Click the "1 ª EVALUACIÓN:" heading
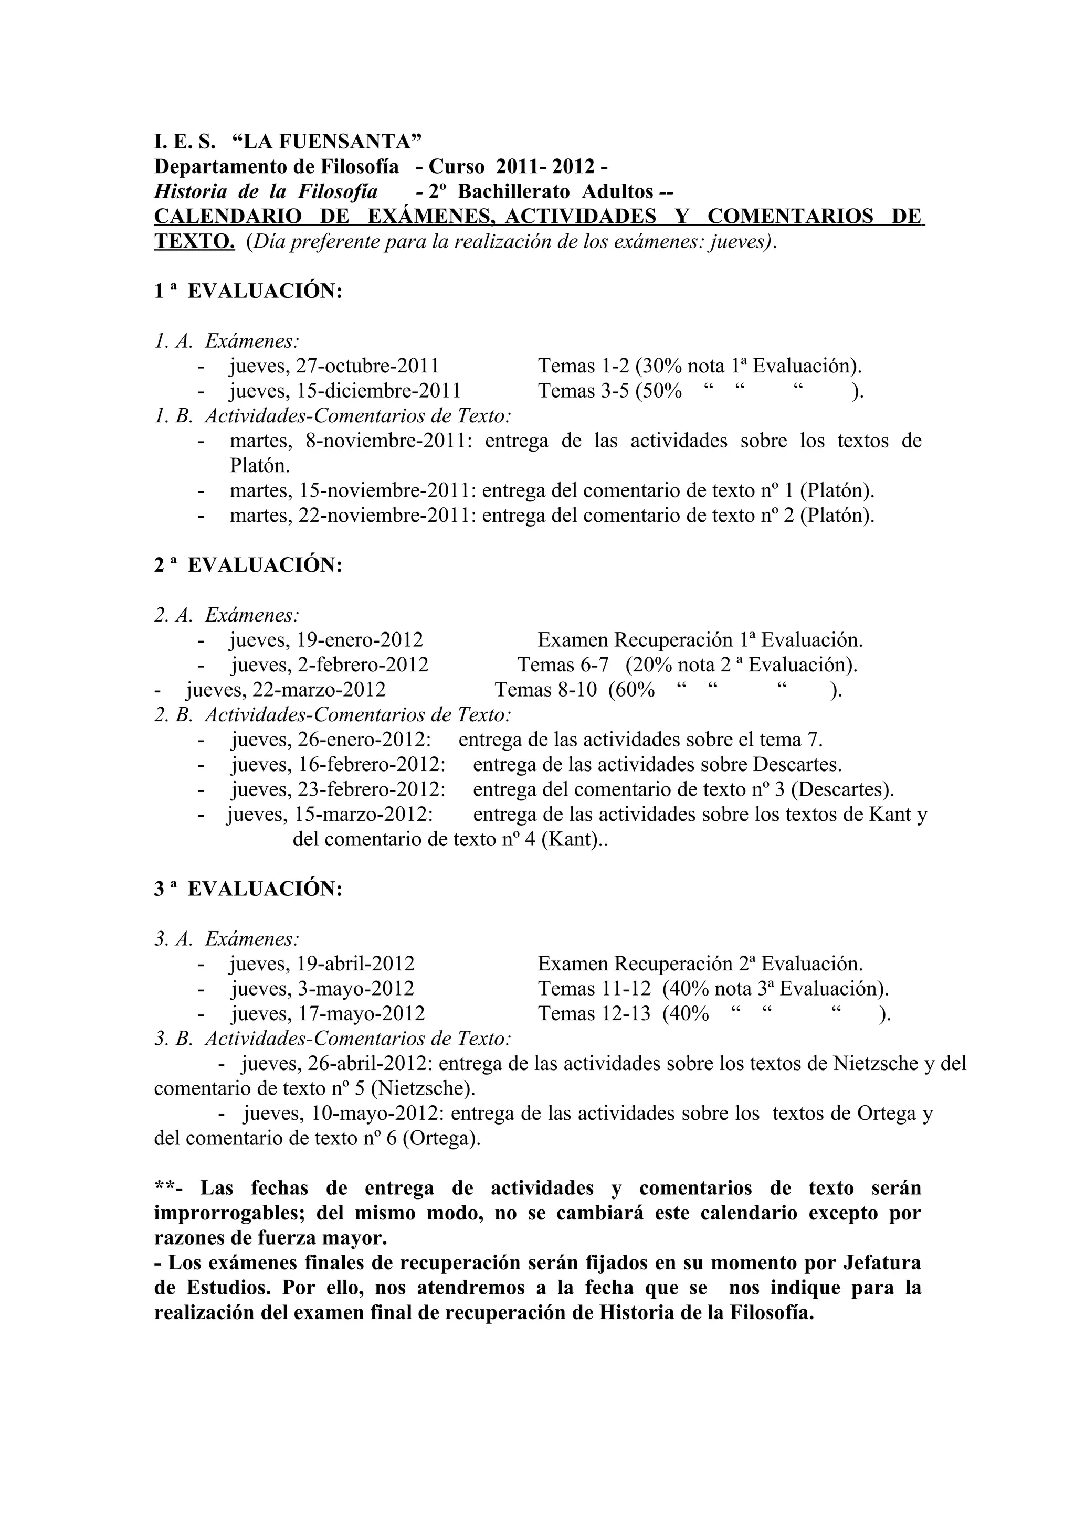(248, 291)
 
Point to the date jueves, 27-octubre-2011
(334, 366)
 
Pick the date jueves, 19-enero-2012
(326, 640)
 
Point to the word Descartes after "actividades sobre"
(797, 765)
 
